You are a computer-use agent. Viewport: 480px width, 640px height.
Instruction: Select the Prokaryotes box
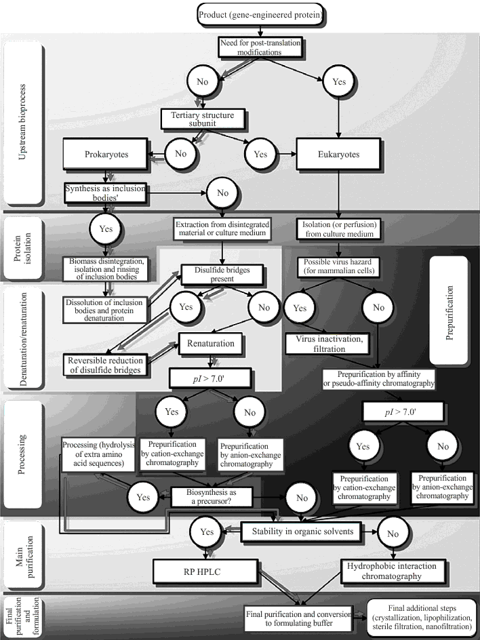[105, 154]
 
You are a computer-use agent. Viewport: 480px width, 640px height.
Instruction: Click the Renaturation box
[211, 344]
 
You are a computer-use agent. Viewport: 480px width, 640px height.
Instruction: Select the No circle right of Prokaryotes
[180, 154]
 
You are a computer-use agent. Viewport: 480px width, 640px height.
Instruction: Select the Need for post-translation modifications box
[260, 47]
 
